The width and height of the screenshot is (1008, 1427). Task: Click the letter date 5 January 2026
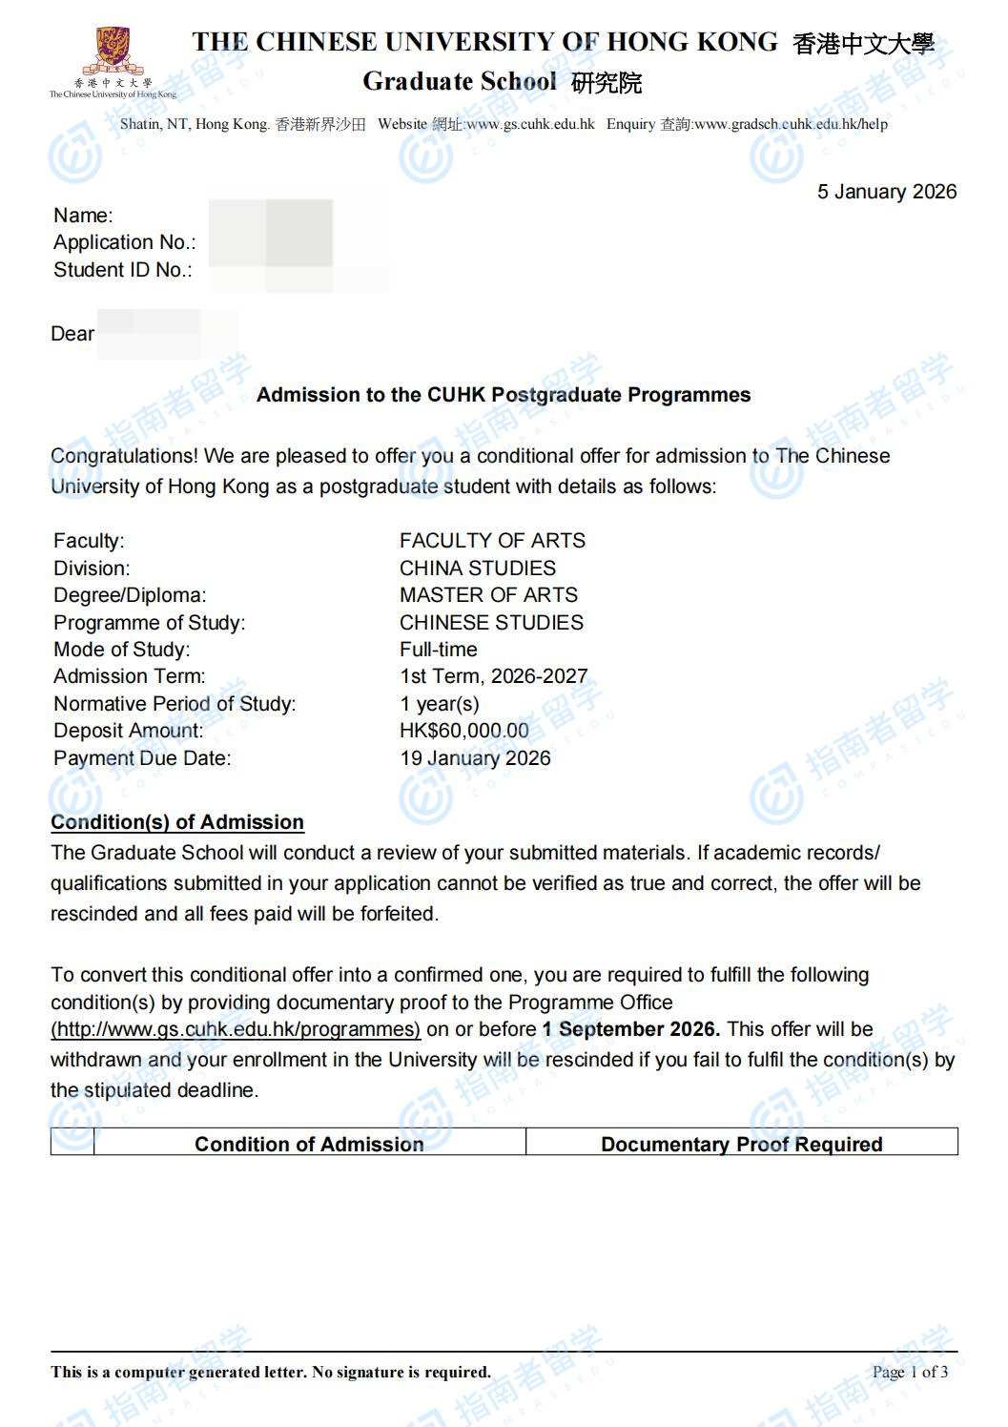click(x=886, y=192)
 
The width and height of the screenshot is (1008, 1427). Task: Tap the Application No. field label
click(x=124, y=242)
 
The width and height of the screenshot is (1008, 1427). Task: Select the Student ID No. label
click(x=122, y=270)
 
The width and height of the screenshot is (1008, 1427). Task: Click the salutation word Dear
click(x=72, y=334)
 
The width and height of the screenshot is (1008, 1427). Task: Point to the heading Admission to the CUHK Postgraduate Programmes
click(x=504, y=395)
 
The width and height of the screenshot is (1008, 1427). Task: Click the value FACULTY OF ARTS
click(x=492, y=541)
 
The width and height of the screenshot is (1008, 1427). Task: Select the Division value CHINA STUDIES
click(x=477, y=569)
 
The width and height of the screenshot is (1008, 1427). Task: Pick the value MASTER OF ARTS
click(x=488, y=595)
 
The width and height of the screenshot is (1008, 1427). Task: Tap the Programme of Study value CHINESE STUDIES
click(x=491, y=623)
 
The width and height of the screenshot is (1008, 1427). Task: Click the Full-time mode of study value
click(x=438, y=650)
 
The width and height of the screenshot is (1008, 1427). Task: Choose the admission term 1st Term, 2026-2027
click(x=493, y=676)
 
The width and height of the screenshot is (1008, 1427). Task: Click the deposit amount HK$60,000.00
click(x=463, y=731)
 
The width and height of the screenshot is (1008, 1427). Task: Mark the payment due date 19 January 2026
click(x=475, y=758)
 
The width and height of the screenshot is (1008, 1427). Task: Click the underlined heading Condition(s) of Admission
click(x=177, y=822)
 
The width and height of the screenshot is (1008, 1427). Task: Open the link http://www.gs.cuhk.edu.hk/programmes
click(x=236, y=1029)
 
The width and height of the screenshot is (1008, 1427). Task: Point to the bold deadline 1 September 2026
click(x=630, y=1029)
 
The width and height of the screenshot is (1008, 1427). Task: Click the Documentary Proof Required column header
click(x=741, y=1144)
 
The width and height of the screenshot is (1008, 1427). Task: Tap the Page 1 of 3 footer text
click(x=910, y=1372)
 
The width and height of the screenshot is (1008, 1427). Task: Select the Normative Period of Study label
click(x=175, y=704)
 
